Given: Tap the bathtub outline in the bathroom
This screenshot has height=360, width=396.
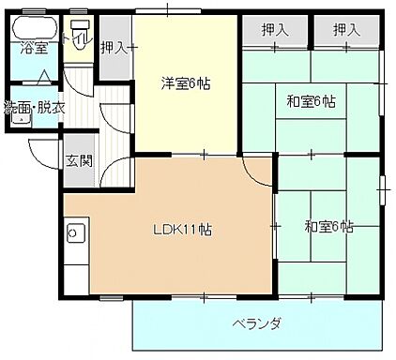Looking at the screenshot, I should click(x=35, y=28).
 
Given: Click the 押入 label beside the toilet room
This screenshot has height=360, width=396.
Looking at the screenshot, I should click(x=114, y=46).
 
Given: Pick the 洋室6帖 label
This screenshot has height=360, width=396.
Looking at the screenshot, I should click(x=185, y=84).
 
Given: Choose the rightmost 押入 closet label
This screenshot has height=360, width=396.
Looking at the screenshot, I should click(x=346, y=31).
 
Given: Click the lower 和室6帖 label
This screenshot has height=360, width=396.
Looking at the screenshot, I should click(x=328, y=226).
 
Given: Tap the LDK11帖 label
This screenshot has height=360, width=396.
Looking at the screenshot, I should click(x=181, y=229).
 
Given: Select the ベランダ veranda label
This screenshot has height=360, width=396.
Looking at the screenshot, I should click(x=257, y=324).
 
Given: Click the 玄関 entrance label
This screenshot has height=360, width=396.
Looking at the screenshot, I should click(x=79, y=159).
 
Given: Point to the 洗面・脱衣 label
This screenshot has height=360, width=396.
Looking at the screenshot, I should click(x=35, y=108).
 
